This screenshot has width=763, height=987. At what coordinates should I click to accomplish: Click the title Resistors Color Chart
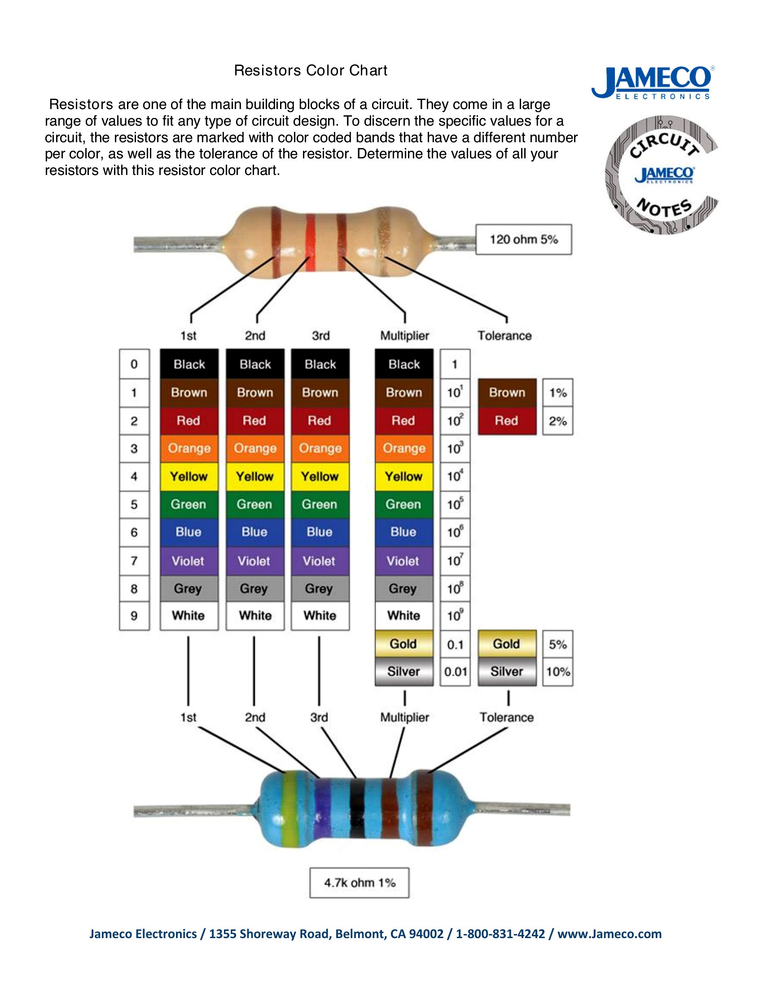(311, 70)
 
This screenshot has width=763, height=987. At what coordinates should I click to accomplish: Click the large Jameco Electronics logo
(653, 82)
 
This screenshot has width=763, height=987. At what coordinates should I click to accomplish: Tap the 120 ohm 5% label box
(523, 239)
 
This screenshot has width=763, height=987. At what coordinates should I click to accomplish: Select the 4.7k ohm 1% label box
(360, 882)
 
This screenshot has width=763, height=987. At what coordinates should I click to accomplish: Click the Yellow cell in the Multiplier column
(403, 476)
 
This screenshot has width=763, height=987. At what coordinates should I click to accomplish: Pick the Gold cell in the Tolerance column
(507, 644)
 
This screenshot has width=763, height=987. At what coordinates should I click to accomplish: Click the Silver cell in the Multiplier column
(403, 672)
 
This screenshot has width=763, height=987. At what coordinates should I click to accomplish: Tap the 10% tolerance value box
(558, 672)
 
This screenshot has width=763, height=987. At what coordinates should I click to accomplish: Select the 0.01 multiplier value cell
(455, 672)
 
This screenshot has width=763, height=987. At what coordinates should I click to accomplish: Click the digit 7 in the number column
(134, 561)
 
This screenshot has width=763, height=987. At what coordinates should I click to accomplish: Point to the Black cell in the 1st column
(189, 364)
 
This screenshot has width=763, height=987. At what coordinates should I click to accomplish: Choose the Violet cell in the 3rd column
(320, 561)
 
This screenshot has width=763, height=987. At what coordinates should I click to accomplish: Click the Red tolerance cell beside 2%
(507, 421)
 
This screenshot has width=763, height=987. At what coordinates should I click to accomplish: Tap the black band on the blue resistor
(357, 810)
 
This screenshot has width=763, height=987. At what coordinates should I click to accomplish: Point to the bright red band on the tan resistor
(311, 243)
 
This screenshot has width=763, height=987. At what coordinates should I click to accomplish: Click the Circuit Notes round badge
(662, 175)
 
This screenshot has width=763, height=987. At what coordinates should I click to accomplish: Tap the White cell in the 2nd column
(255, 616)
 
